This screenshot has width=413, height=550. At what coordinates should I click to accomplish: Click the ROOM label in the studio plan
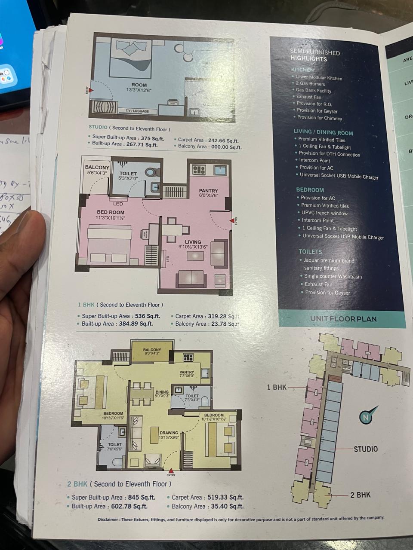tap(139, 85)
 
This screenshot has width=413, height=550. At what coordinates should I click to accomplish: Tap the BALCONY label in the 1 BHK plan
tap(97, 168)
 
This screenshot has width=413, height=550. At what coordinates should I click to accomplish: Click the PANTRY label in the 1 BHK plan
tap(208, 191)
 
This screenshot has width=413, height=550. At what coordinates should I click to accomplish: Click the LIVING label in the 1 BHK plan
tap(193, 242)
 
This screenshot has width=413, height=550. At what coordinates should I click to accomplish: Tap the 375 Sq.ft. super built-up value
tap(153, 138)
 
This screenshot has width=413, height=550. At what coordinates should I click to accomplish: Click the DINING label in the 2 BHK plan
tap(162, 392)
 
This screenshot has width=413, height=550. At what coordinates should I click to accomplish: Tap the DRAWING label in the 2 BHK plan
tap(169, 433)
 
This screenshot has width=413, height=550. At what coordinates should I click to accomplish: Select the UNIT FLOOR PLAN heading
tap(343, 319)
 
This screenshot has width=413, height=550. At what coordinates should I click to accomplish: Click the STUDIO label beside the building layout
tap(365, 449)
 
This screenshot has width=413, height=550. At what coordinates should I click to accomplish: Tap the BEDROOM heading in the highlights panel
tap(310, 189)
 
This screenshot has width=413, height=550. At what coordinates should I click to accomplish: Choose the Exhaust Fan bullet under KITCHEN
tap(308, 97)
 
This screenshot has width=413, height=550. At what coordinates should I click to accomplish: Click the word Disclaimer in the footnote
tap(111, 519)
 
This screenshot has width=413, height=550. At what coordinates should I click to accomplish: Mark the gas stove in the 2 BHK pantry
tap(188, 357)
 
